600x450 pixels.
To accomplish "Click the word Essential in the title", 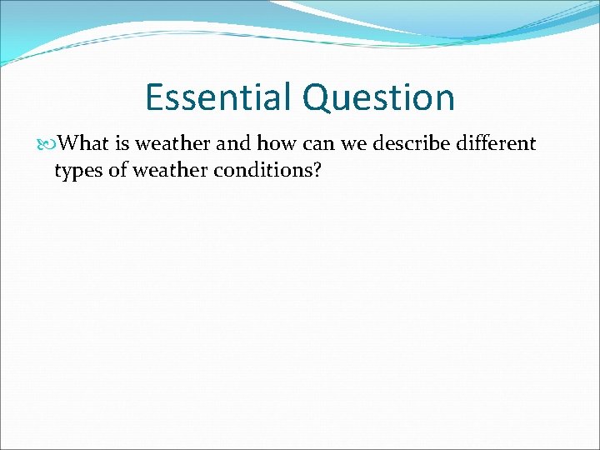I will click(x=219, y=97).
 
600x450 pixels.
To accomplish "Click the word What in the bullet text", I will click(x=86, y=143).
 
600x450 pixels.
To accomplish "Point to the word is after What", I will click(x=122, y=143).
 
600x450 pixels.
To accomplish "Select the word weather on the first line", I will click(x=174, y=143).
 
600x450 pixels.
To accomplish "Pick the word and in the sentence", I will click(x=235, y=143).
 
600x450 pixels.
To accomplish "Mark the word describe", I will click(x=412, y=143).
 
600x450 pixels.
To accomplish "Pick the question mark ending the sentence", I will click(x=317, y=170).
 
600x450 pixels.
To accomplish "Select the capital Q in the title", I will click(x=317, y=98).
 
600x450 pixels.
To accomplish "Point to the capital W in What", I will click(x=72, y=143).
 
